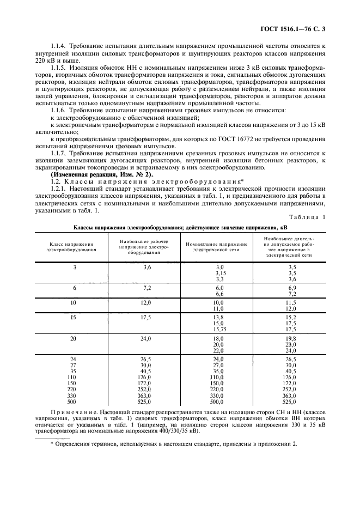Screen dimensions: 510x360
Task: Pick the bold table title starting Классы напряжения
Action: (x=180, y=227)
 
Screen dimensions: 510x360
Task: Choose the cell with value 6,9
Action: (x=291, y=287)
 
